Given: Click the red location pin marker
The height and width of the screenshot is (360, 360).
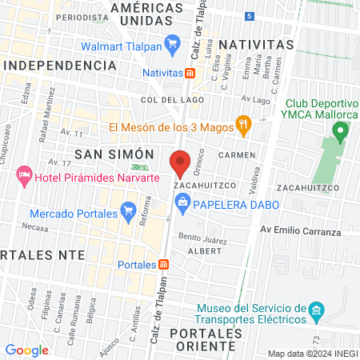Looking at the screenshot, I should (x=180, y=162).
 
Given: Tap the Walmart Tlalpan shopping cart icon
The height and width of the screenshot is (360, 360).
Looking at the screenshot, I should (x=170, y=43).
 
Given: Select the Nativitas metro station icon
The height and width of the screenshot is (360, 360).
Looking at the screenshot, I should (x=190, y=73).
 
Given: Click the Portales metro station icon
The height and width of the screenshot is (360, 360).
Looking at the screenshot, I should (x=163, y=265).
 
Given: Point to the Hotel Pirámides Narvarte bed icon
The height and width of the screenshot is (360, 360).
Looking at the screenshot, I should (x=24, y=174).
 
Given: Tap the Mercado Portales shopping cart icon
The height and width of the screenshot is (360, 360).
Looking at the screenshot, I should (x=127, y=211).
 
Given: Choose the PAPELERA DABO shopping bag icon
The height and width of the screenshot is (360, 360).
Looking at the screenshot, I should (x=182, y=203).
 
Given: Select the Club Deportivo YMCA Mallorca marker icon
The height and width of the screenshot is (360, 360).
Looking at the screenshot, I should (x=339, y=130).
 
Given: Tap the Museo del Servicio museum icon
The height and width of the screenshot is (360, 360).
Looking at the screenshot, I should (x=316, y=309).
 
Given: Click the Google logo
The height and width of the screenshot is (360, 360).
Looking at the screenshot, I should (x=26, y=350).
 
